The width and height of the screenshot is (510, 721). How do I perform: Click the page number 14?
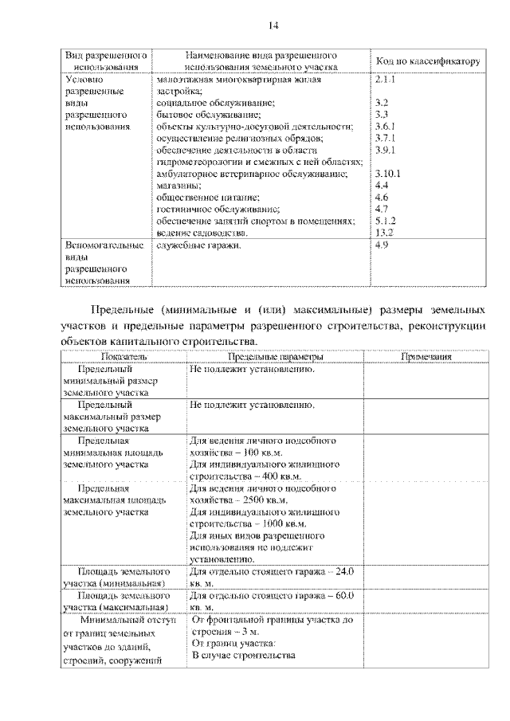[x=273, y=26]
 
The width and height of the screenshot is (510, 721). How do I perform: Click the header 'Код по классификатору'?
[x=426, y=61]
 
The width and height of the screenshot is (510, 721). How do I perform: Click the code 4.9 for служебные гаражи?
[x=381, y=246]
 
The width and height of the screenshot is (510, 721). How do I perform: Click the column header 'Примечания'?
[x=426, y=358]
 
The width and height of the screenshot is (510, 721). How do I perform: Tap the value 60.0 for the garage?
[x=341, y=596]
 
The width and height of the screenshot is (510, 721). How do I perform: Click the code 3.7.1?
[x=385, y=138]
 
